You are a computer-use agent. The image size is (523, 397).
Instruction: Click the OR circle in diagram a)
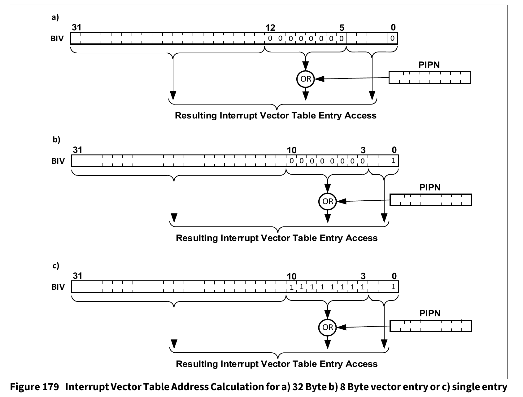(306, 79)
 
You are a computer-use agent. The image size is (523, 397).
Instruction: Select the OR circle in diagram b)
(328, 201)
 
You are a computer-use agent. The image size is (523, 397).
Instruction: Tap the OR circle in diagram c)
(328, 327)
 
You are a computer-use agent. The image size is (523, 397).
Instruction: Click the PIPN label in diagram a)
(429, 65)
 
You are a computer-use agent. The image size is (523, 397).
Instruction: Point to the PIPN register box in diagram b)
(431, 200)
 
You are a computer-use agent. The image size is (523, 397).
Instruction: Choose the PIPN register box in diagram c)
(431, 326)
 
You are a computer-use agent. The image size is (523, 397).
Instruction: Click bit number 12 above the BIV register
(270, 28)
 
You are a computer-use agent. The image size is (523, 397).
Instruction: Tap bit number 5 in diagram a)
(342, 28)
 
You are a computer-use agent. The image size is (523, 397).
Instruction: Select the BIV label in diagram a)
(57, 39)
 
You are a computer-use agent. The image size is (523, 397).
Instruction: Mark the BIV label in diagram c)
(58, 287)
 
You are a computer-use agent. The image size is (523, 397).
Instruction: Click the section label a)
(55, 17)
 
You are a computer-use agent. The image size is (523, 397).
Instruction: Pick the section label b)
(56, 140)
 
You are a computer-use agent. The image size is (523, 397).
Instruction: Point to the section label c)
(56, 265)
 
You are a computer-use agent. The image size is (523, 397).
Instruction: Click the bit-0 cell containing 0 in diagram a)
(392, 38)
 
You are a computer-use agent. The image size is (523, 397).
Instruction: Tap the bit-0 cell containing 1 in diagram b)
(393, 161)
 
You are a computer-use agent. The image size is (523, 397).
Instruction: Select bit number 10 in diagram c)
(291, 276)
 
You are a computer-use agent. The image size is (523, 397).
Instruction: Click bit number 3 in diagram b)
(363, 150)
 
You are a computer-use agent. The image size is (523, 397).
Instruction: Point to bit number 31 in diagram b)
(77, 150)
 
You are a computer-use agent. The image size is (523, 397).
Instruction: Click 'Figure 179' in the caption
(35, 387)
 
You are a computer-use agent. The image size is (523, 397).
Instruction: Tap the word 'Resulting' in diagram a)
(196, 115)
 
